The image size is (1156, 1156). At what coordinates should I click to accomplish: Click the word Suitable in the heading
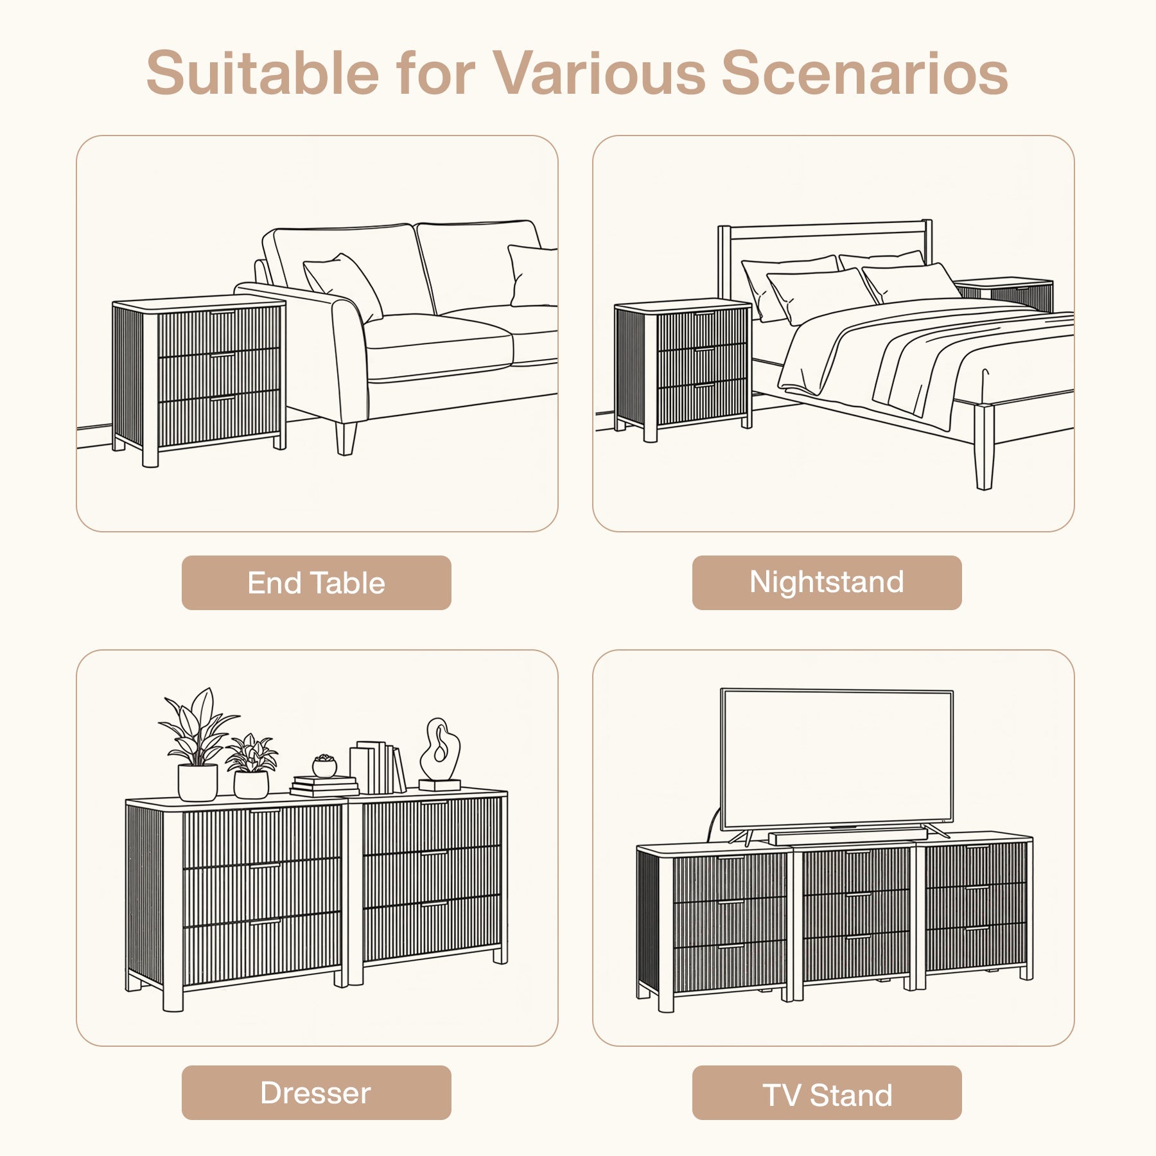(263, 73)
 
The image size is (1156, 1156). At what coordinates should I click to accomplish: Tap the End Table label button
(316, 582)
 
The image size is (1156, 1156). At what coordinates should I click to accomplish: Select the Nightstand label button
(827, 582)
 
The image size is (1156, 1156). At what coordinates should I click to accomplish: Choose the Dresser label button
(316, 1092)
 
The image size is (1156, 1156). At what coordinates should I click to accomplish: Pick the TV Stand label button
(827, 1092)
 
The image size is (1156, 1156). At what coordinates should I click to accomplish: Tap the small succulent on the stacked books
(324, 766)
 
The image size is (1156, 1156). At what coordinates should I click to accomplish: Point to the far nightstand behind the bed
(1004, 294)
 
